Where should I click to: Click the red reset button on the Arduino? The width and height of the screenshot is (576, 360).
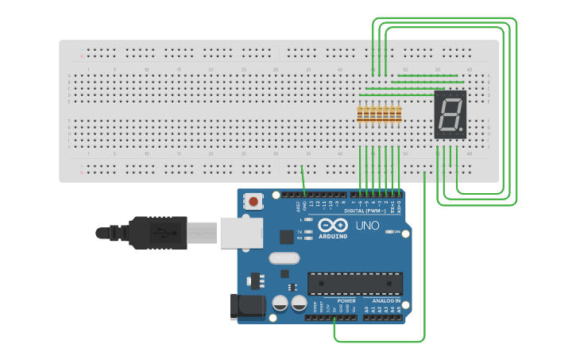point(253,202)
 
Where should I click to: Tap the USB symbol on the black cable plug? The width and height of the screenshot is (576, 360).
point(163,233)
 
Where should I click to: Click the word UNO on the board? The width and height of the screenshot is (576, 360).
point(366,226)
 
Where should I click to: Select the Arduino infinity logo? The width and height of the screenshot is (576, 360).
point(333,225)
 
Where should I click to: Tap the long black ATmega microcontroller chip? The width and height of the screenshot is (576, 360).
point(355,283)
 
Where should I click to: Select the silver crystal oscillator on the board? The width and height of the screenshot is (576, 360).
point(284,257)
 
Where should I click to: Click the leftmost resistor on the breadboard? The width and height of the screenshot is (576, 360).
point(360,114)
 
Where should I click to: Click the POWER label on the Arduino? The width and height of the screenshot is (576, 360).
point(346,301)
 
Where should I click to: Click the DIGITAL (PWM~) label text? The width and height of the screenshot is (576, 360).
point(365,211)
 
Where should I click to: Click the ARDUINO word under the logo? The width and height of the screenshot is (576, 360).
point(333,236)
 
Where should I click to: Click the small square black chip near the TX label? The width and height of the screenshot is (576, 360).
point(286,236)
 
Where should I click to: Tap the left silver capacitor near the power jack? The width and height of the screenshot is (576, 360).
point(280,303)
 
